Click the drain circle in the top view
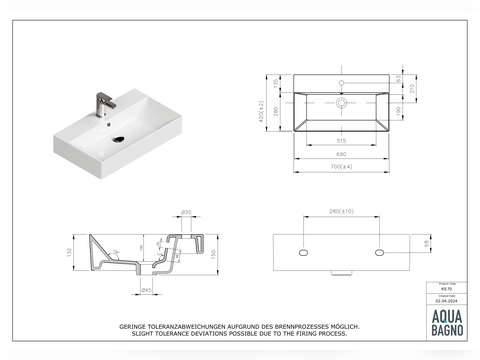coord(342,102)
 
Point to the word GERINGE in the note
coord(136,326)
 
